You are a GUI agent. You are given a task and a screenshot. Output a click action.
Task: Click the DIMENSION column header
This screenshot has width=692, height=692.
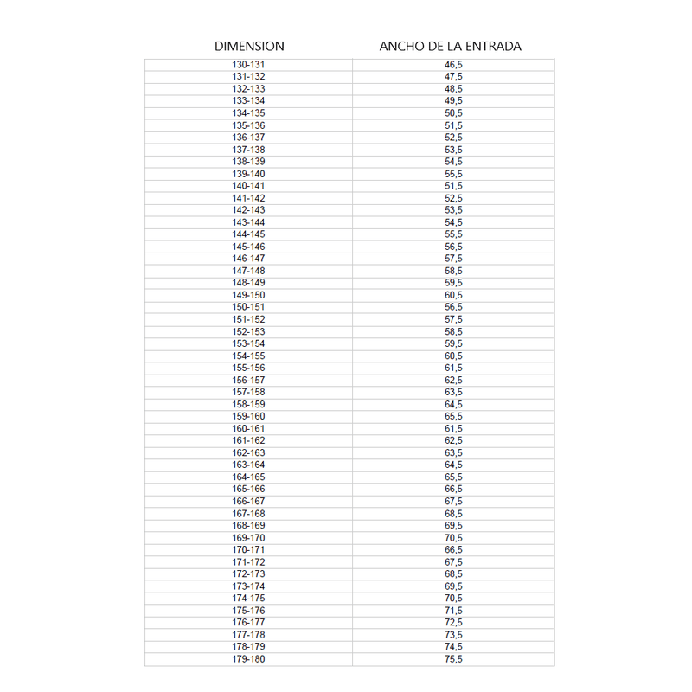click(x=249, y=47)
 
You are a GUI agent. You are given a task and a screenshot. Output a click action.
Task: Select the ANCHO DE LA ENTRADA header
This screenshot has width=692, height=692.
click(x=450, y=47)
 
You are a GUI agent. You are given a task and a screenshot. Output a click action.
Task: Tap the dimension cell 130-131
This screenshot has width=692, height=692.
click(x=248, y=65)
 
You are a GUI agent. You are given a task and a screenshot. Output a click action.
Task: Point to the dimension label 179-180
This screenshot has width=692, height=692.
click(x=248, y=659)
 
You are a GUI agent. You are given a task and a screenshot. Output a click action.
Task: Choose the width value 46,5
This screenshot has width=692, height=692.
click(x=453, y=65)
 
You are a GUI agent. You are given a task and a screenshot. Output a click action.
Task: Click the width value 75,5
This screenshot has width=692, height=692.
click(x=453, y=659)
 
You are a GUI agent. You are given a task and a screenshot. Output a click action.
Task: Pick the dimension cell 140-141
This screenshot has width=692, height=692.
click(x=248, y=186)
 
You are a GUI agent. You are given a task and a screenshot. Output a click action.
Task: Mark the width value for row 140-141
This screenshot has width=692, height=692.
click(x=453, y=186)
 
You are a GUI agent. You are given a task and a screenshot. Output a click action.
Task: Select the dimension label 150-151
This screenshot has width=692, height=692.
click(x=248, y=307)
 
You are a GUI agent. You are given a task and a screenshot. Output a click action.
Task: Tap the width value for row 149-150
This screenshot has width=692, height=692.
click(x=453, y=295)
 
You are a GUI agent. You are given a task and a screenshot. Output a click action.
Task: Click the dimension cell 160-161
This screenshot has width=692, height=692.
click(x=248, y=428)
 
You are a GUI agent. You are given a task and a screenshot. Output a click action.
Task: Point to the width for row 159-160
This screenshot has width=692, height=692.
click(x=453, y=416)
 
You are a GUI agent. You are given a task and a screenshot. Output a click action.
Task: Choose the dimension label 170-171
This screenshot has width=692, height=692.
click(x=248, y=550)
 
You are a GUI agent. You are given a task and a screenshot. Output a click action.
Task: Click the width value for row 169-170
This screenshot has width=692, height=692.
click(x=453, y=538)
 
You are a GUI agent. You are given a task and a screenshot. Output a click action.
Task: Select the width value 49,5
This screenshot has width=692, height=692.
click(x=453, y=101)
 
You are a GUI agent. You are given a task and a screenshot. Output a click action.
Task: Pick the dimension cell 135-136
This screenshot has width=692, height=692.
click(x=248, y=125)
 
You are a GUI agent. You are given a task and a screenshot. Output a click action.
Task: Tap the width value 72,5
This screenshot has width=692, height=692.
click(x=453, y=623)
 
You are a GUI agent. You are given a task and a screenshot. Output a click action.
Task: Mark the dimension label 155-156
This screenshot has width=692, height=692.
click(x=248, y=368)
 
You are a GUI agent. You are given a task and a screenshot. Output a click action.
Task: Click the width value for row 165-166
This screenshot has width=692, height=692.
click(x=453, y=490)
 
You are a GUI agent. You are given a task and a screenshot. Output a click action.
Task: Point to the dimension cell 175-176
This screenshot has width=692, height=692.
click(x=248, y=611)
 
